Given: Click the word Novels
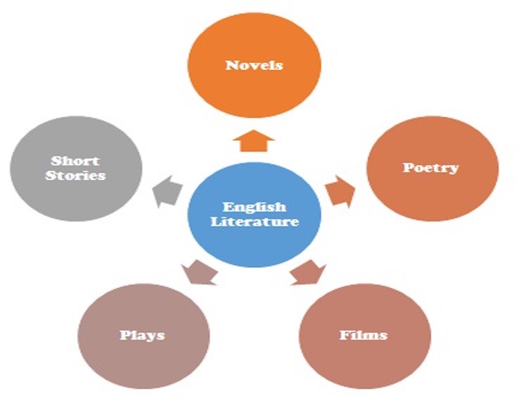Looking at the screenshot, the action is click(254, 65).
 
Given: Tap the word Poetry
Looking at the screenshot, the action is click(431, 168).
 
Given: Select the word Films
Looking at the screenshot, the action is click(364, 335).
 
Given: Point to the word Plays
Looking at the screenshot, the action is click(143, 335).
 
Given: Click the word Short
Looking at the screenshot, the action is click(75, 161).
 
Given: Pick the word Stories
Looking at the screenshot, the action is click(76, 176).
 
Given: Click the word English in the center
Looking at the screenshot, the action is click(254, 208).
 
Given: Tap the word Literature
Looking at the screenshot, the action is click(254, 221).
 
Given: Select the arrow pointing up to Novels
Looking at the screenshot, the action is click(254, 140).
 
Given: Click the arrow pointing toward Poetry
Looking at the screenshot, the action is click(340, 192).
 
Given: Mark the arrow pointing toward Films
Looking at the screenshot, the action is click(309, 273).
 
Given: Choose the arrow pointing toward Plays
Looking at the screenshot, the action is click(199, 273).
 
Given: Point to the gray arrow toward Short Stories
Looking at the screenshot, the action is click(167, 191).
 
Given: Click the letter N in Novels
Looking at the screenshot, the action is click(231, 65).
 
